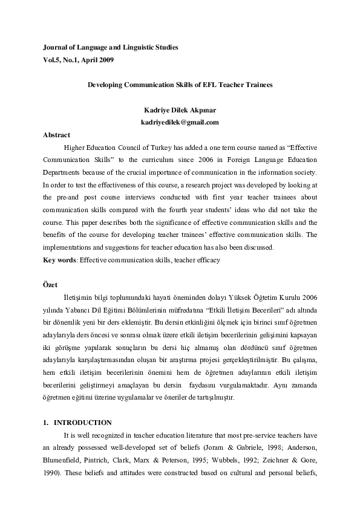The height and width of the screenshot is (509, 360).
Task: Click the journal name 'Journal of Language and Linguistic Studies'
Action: [x=111, y=47]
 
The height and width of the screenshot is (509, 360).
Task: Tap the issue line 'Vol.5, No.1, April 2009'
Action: [x=78, y=60]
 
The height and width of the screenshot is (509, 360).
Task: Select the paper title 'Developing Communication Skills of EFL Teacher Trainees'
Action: [x=180, y=85]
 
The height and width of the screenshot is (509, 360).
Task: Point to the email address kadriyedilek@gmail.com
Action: [x=179, y=123]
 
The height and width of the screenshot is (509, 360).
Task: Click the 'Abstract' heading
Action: [x=56, y=135]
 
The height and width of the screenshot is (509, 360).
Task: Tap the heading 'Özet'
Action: [x=50, y=284]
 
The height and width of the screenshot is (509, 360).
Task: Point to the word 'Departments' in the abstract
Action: [x=62, y=172]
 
